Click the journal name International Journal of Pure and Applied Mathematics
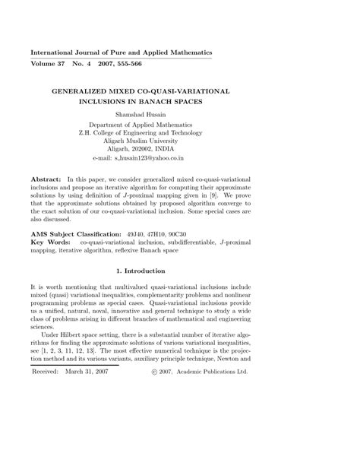point(121,52)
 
